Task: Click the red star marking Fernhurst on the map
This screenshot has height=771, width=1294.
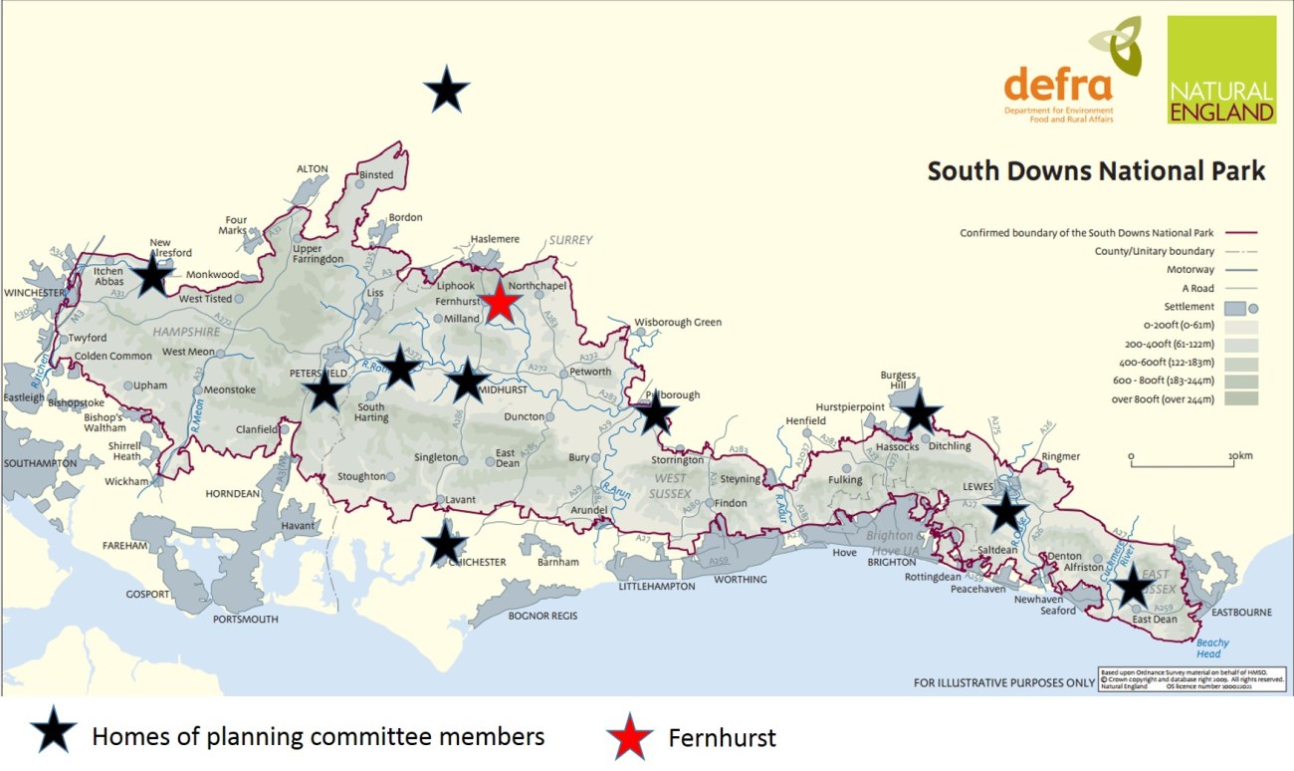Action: [500, 302]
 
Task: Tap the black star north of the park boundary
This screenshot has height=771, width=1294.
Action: [447, 92]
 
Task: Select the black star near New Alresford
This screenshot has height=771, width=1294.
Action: [153, 274]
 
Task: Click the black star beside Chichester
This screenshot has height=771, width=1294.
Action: [444, 544]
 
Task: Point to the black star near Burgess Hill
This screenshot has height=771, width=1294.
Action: [919, 411]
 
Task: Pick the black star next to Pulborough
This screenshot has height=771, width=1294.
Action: [654, 410]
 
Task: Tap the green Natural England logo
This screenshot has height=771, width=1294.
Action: [1221, 69]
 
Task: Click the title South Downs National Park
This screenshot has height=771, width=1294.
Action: [1096, 171]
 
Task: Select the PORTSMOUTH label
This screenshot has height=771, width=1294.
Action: [246, 619]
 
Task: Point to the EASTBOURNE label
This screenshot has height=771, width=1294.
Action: [1238, 613]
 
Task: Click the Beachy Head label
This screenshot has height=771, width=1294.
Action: [1209, 647]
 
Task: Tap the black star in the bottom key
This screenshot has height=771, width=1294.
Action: [54, 735]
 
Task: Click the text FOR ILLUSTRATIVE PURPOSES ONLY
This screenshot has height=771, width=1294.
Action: [1003, 682]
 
